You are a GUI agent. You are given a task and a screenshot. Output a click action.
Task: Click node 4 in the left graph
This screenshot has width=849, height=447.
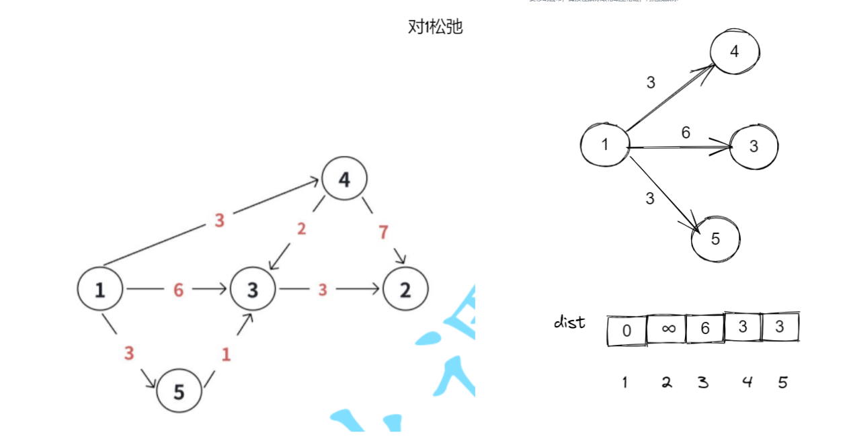point(344,179)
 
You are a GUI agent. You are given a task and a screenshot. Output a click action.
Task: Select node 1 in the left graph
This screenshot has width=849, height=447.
point(100,290)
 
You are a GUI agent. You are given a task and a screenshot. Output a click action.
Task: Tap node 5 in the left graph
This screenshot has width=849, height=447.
point(179,391)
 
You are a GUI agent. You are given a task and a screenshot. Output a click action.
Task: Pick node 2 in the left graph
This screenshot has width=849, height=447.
point(405,290)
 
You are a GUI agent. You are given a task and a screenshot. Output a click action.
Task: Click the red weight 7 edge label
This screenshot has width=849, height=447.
point(383,233)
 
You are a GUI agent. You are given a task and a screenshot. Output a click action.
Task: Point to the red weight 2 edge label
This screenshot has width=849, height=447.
point(301,229)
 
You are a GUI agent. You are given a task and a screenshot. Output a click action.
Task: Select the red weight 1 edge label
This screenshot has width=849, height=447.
point(226,354)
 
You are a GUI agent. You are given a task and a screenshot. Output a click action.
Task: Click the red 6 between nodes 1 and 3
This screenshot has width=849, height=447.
point(178,290)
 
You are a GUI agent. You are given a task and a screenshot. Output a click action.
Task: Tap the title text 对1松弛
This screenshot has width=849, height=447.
point(435,28)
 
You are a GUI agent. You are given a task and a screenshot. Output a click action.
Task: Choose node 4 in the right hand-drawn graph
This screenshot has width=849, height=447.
point(734,51)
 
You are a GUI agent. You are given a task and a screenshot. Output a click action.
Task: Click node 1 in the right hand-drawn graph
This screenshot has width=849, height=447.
point(604,143)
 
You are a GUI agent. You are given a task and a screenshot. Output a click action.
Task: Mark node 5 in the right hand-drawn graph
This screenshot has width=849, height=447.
point(715,239)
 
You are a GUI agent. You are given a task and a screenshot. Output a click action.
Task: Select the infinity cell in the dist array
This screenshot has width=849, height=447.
point(667,329)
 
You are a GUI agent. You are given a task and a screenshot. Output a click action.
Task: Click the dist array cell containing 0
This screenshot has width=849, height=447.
point(626,330)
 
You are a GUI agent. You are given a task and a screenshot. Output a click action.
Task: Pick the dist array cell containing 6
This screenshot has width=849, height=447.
point(705,329)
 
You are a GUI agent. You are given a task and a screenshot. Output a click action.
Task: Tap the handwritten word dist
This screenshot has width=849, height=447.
point(569,323)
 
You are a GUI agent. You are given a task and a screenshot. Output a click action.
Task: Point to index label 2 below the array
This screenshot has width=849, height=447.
point(666,382)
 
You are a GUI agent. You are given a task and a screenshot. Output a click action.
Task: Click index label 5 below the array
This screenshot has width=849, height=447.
point(782,382)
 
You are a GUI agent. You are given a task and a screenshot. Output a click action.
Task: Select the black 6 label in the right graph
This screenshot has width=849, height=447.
point(685,132)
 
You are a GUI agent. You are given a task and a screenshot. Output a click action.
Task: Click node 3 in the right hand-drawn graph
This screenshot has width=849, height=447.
point(754,146)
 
